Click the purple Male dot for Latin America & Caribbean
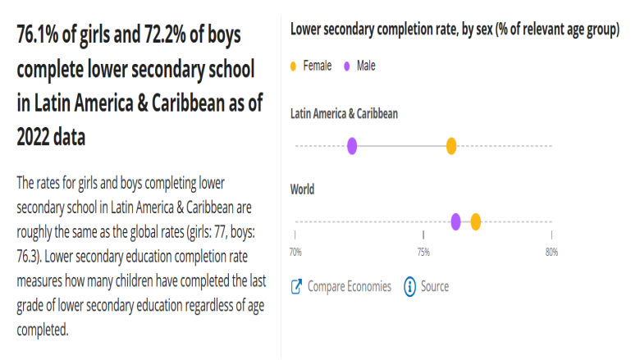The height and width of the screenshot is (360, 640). [352, 146]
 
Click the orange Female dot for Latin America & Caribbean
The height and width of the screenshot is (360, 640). [451, 146]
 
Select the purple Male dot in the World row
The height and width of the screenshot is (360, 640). [456, 221]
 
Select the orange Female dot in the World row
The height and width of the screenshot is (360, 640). [476, 221]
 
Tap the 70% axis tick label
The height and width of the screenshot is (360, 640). [295, 252]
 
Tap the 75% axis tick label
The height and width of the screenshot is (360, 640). [423, 252]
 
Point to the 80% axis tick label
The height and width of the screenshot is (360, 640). [551, 252]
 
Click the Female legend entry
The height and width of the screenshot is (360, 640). [317, 66]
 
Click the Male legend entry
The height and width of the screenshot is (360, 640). [366, 66]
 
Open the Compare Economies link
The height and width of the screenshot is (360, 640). [349, 286]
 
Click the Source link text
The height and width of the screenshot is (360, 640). [435, 286]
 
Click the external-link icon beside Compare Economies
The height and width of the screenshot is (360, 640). [297, 287]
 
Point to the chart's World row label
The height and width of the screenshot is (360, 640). [303, 189]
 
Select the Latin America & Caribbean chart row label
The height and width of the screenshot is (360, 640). [344, 113]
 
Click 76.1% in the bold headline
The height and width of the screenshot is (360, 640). [42, 36]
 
